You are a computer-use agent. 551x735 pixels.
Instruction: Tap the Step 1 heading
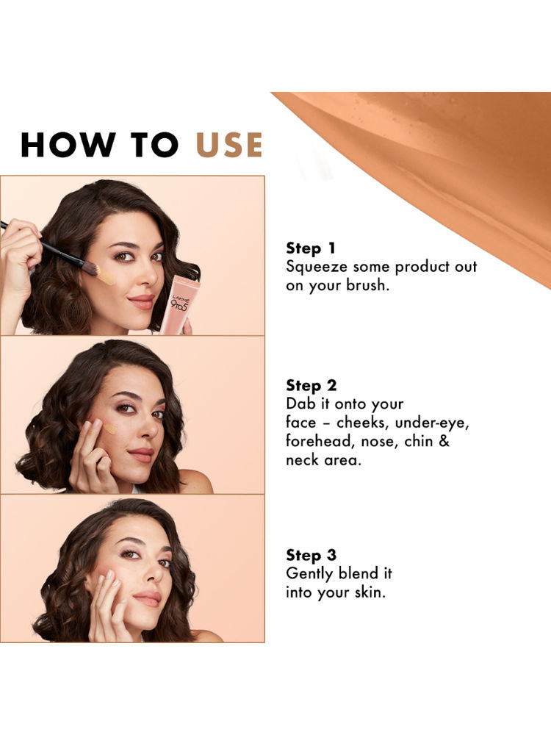pos(311,248)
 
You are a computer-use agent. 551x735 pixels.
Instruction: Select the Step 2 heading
pos(311,385)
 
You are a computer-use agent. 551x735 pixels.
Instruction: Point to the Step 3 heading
pos(311,555)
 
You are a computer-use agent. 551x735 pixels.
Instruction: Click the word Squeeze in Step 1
pos(317,268)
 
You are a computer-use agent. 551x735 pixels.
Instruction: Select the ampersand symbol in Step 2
pos(444,441)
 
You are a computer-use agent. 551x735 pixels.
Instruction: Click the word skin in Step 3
pos(370,592)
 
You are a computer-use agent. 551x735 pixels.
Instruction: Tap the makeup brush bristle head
pos(91,268)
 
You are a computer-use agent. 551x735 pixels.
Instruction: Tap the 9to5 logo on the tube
pos(179,305)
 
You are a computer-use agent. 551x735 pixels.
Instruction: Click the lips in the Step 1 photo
pos(142,301)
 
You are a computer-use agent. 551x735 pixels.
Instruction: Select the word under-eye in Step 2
pos(432,423)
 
